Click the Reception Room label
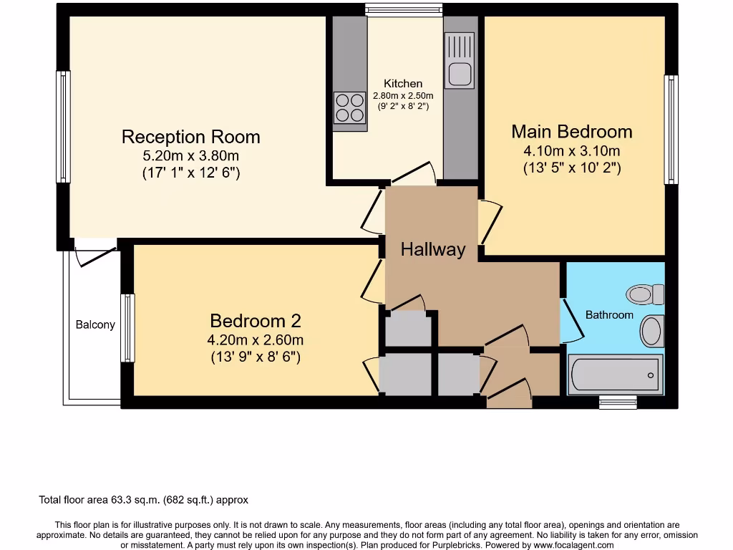click(190, 137)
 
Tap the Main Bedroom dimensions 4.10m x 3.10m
click(571, 151)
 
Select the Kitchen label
click(403, 84)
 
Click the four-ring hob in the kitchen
click(349, 108)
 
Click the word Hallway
click(432, 250)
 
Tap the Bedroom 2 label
click(255, 321)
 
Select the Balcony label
click(95, 324)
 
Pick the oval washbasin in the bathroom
click(651, 332)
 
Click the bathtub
click(616, 375)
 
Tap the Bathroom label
click(609, 314)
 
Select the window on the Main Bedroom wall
click(671, 130)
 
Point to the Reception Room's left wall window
click(63, 127)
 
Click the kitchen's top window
click(404, 10)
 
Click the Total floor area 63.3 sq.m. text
click(143, 500)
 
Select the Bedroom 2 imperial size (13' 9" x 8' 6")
click(255, 356)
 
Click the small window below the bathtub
click(617, 402)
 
